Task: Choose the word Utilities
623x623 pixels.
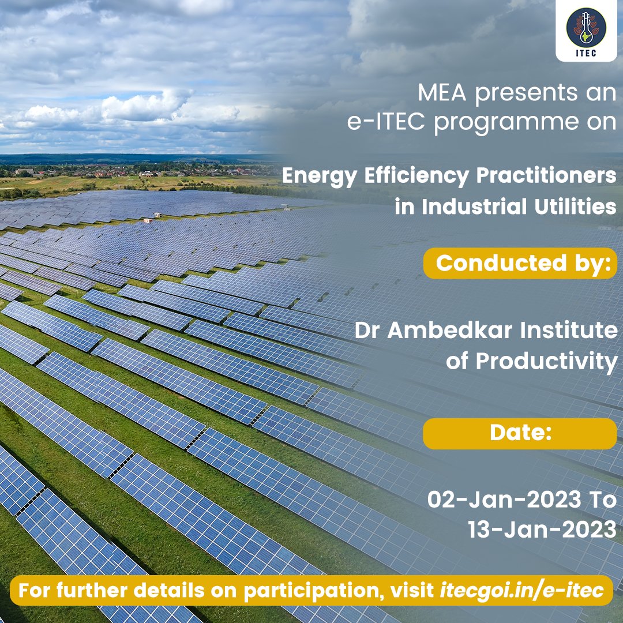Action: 580,207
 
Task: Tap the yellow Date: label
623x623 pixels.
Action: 520,434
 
